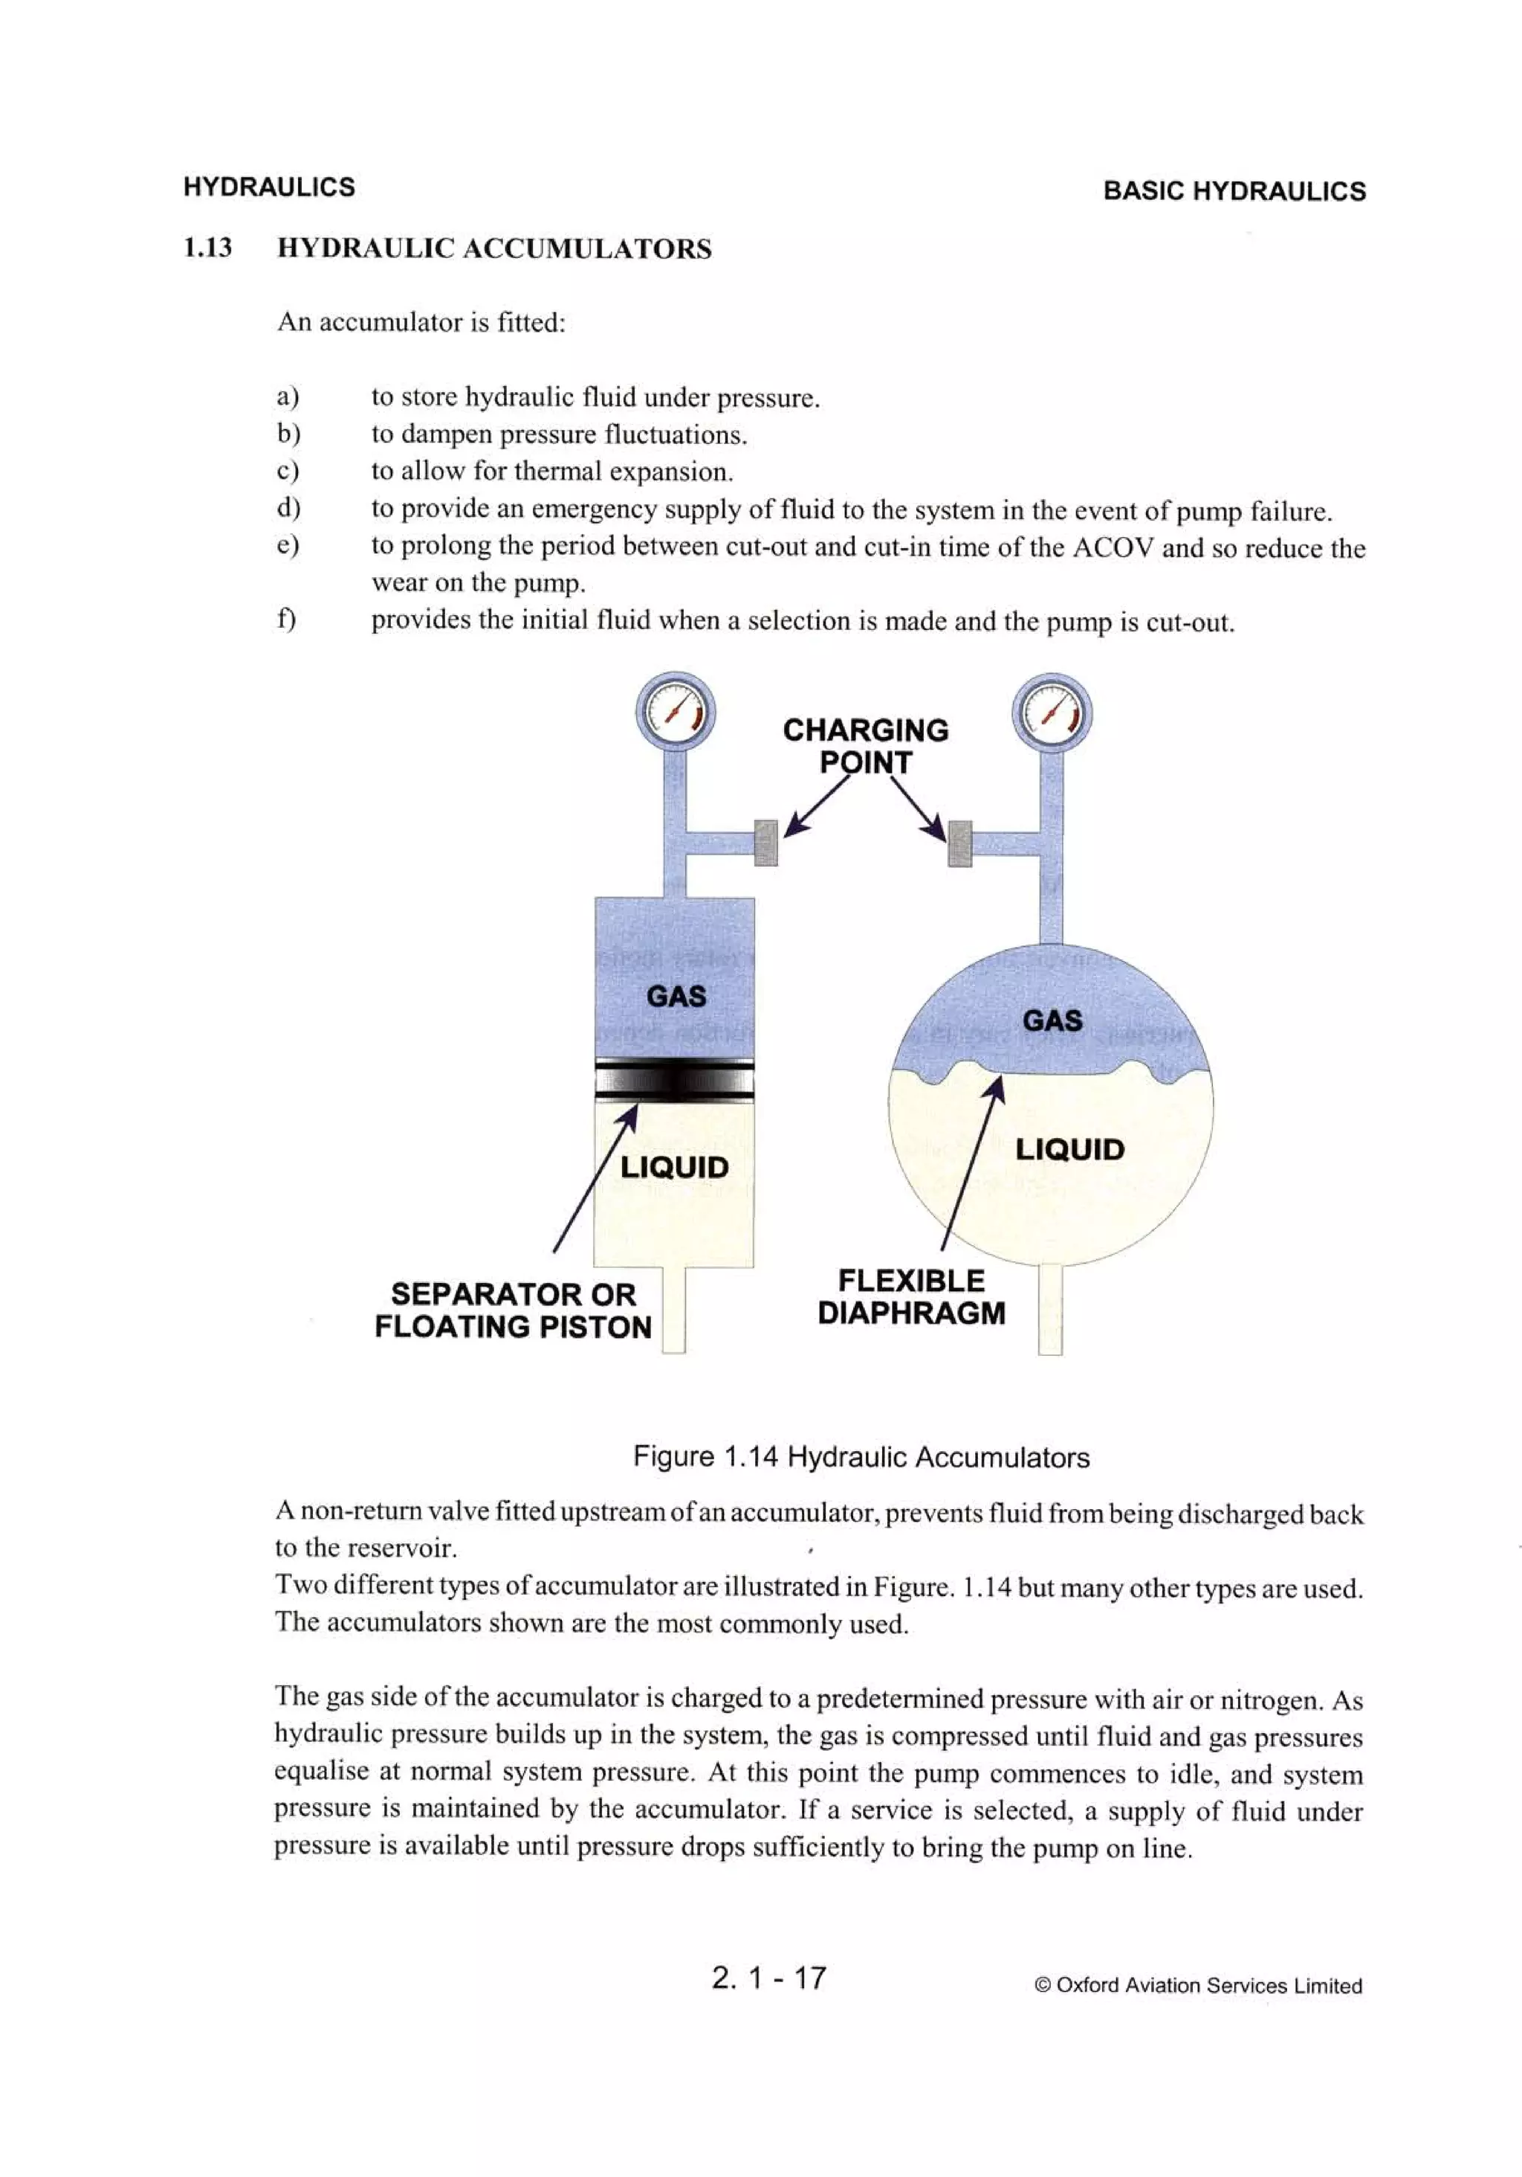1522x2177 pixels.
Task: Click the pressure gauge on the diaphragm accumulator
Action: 1052,714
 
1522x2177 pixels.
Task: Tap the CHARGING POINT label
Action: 864,745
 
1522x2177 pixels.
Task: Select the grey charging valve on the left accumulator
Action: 765,842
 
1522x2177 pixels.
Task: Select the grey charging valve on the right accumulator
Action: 959,843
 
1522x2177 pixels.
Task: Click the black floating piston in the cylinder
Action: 674,1080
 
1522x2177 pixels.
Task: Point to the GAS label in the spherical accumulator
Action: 1052,1020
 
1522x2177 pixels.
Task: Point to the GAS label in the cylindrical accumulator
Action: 676,996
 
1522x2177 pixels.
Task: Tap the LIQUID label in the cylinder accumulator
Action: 674,1166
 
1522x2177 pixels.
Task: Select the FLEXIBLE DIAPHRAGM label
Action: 910,1296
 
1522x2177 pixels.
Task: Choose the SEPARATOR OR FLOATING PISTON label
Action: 513,1310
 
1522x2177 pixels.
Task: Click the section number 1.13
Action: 207,248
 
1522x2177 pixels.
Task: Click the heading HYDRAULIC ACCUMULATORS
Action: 493,248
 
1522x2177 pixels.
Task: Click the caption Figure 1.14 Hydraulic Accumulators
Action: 861,1456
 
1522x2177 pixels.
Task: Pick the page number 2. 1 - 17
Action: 768,1977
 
